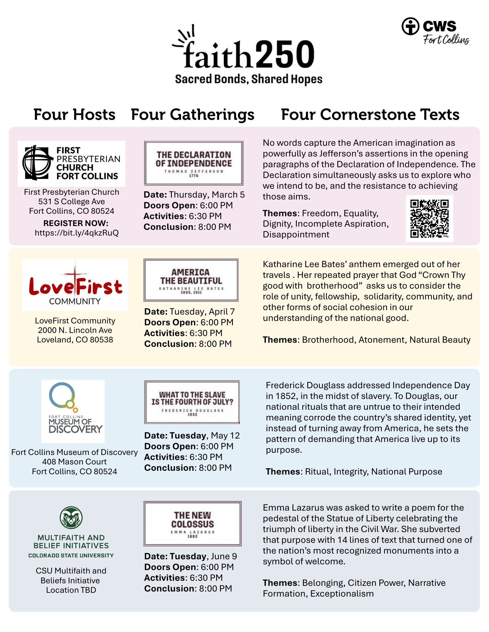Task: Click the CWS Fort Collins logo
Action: pyautogui.click(x=435, y=31)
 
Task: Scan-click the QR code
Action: pyautogui.click(x=429, y=218)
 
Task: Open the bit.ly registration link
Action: pyautogui.click(x=77, y=233)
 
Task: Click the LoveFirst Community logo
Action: pyautogui.click(x=75, y=285)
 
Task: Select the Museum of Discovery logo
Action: pyautogui.click(x=73, y=411)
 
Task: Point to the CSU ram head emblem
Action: pyautogui.click(x=71, y=518)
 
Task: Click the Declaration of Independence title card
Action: pyautogui.click(x=194, y=163)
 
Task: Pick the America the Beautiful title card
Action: pyautogui.click(x=191, y=280)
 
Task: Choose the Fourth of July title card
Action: pyautogui.click(x=192, y=402)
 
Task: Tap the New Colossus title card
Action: pyautogui.click(x=192, y=524)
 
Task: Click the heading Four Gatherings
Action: pyautogui.click(x=192, y=114)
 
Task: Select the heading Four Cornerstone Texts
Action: pyautogui.click(x=370, y=114)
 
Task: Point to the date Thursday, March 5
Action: pyautogui.click(x=207, y=195)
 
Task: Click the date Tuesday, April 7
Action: pyautogui.click(x=202, y=312)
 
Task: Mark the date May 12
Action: pyautogui.click(x=225, y=436)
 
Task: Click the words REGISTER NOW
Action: pyautogui.click(x=76, y=223)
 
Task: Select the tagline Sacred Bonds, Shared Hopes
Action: pyautogui.click(x=249, y=79)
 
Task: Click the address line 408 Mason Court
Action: pyautogui.click(x=74, y=462)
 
